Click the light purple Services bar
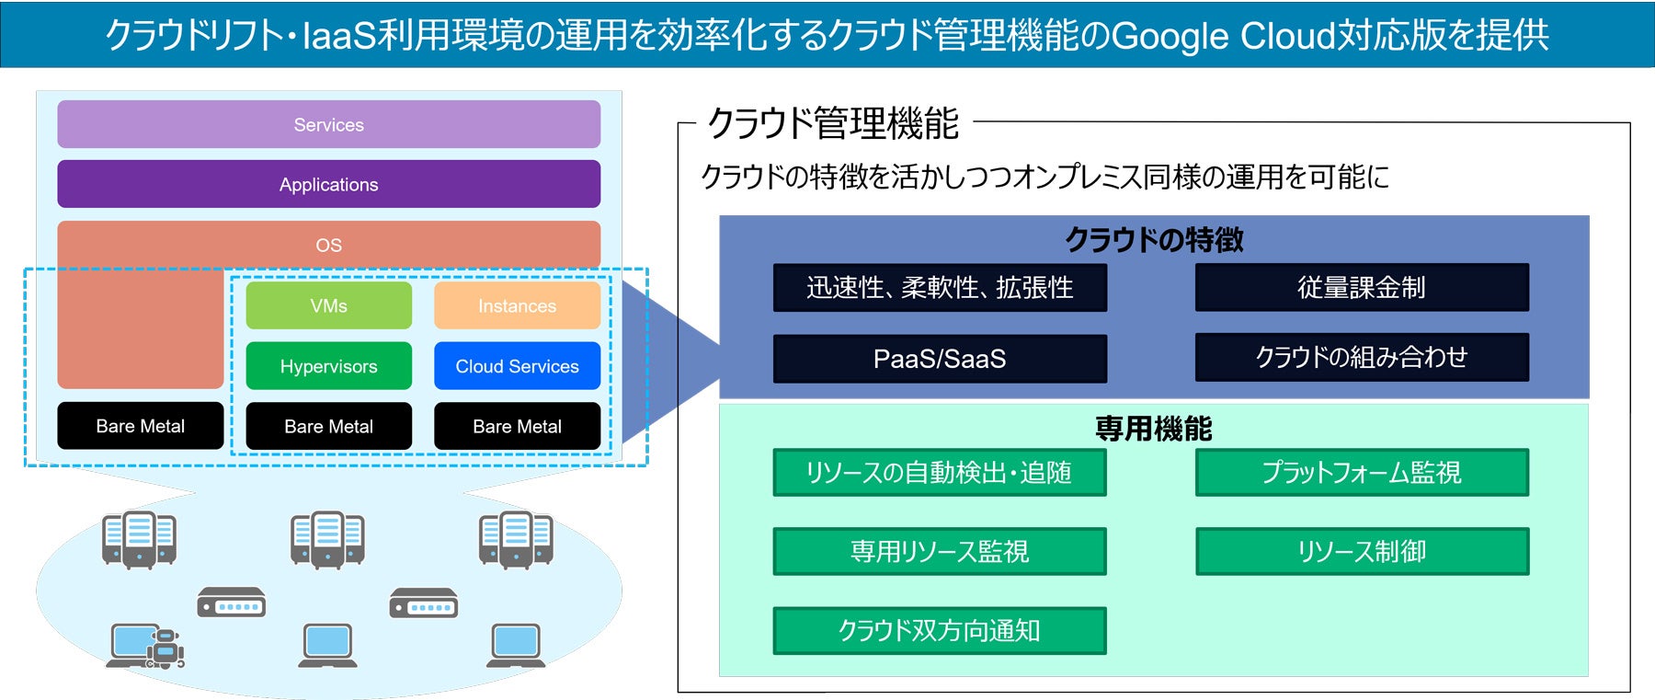pyautogui.click(x=328, y=124)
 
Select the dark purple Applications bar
pyautogui.click(x=328, y=184)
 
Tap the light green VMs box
pyautogui.click(x=328, y=305)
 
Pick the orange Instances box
pyautogui.click(x=517, y=305)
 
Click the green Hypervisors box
pyautogui.click(x=328, y=366)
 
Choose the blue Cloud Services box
pyautogui.click(x=517, y=366)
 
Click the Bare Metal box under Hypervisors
pyautogui.click(x=328, y=426)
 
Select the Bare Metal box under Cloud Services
pyautogui.click(x=517, y=426)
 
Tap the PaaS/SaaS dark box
pyautogui.click(x=940, y=359)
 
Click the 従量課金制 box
pyautogui.click(x=1362, y=288)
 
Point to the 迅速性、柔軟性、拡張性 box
pyautogui.click(x=940, y=288)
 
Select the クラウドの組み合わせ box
pyautogui.click(x=1362, y=357)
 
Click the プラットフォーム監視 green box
pyautogui.click(x=1362, y=473)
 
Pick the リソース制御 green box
pyautogui.click(x=1362, y=552)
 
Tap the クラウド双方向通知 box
pyautogui.click(x=940, y=631)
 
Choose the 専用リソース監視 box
pyautogui.click(x=940, y=552)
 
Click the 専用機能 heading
pyautogui.click(x=1154, y=429)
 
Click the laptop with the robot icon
pyautogui.click(x=146, y=646)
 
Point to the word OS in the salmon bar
pyautogui.click(x=328, y=246)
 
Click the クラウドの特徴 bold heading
pyautogui.click(x=1154, y=240)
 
